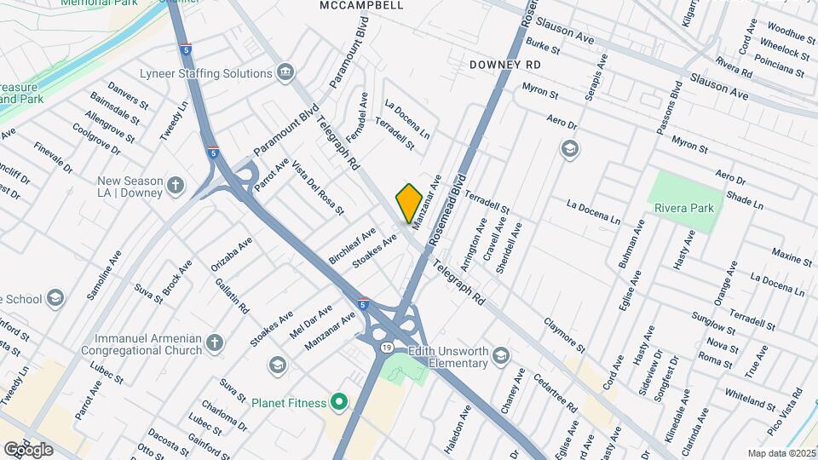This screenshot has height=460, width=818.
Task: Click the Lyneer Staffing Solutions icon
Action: point(285,73)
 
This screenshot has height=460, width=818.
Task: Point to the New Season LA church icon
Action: point(176,186)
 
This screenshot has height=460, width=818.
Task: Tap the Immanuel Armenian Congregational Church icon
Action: point(214,343)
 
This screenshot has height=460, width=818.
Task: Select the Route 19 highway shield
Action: point(387,348)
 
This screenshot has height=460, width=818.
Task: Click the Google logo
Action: point(29,449)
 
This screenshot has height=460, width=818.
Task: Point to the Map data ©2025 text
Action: point(781,453)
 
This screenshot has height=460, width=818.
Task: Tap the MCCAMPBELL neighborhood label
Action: point(361,5)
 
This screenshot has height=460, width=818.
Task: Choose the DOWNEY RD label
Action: point(505,65)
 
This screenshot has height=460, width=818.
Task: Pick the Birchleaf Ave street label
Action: point(352,245)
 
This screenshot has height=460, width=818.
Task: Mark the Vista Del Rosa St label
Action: point(318,187)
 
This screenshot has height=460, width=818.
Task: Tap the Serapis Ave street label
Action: point(596,78)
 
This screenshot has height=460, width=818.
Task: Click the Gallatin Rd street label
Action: point(232,295)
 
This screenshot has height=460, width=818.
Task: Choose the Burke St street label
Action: point(543,44)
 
